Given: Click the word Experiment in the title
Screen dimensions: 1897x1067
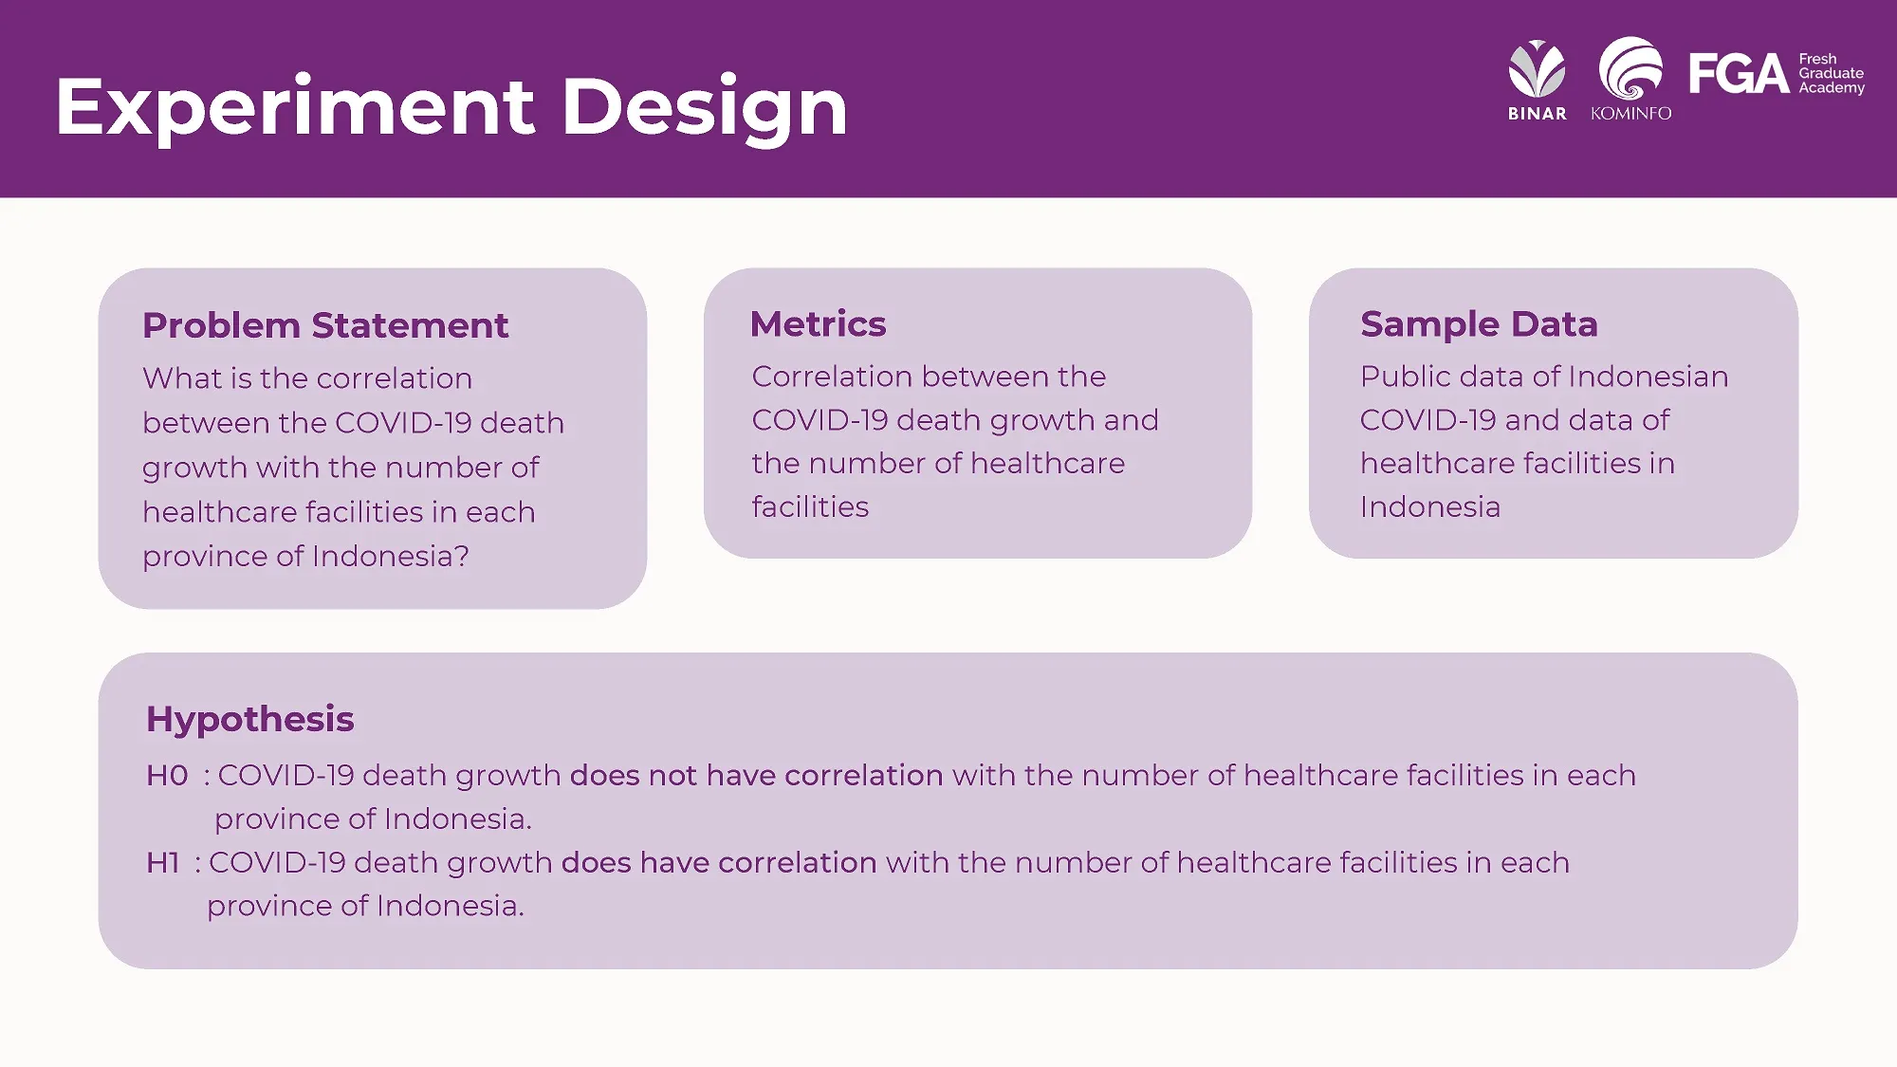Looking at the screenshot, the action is click(x=295, y=108).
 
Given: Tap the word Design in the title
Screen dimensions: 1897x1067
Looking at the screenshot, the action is click(x=705, y=108).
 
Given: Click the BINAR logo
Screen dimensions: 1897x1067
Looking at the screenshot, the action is click(x=1538, y=81).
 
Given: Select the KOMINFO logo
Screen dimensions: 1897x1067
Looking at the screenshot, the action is click(x=1631, y=80).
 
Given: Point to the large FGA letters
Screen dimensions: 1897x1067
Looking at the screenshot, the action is click(x=1739, y=74).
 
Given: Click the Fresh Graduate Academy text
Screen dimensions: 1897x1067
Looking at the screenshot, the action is click(x=1832, y=73).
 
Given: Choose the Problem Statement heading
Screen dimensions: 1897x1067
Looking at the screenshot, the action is click(x=325, y=325).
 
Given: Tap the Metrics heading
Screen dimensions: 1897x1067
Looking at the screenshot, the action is click(x=818, y=324).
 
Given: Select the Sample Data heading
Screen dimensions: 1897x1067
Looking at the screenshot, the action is click(x=1479, y=324).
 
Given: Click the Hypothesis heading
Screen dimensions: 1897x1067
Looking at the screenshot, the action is click(x=250, y=720).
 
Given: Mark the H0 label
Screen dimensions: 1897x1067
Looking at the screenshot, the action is click(x=168, y=776).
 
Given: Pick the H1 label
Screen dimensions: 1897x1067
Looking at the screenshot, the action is click(x=163, y=863).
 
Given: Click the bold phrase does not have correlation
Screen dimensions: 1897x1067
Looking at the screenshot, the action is click(x=757, y=776).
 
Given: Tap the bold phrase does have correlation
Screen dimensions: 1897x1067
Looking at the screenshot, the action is click(x=719, y=863).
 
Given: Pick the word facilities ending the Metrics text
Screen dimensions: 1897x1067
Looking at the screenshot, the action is click(x=810, y=507).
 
